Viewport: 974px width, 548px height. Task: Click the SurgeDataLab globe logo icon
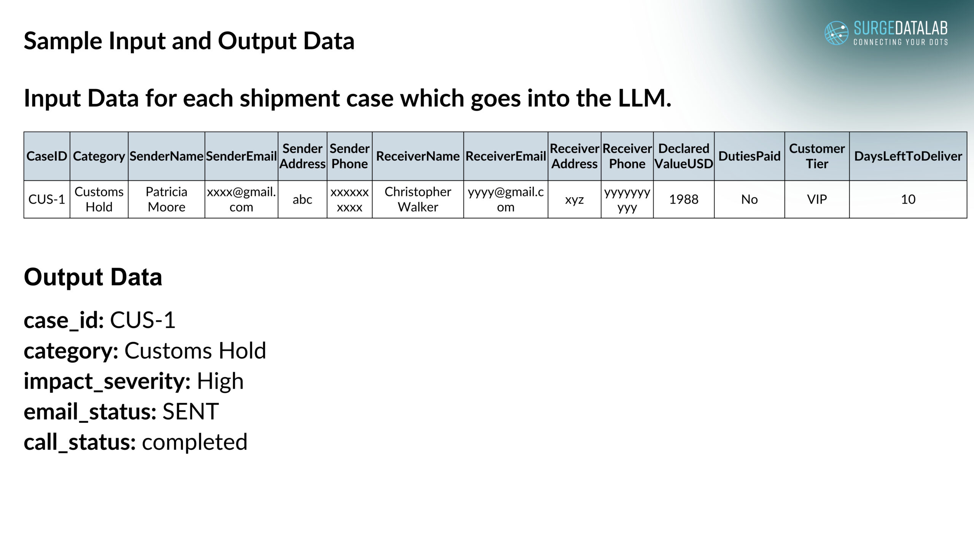pyautogui.click(x=836, y=33)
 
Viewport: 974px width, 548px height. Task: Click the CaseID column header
pyautogui.click(x=47, y=156)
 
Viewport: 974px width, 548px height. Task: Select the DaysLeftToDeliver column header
pyautogui.click(x=908, y=156)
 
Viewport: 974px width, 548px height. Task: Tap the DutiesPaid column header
pyautogui.click(x=749, y=156)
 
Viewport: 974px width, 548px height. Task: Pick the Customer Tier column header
pyautogui.click(x=817, y=156)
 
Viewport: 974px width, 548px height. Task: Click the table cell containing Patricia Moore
pyautogui.click(x=166, y=199)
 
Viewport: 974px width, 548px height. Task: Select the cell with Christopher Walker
pyautogui.click(x=418, y=199)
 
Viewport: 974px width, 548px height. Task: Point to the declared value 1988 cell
pyautogui.click(x=684, y=199)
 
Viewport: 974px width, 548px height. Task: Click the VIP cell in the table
pyautogui.click(x=817, y=199)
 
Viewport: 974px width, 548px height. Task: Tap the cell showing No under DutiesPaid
pyautogui.click(x=749, y=199)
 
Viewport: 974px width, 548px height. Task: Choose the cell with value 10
pyautogui.click(x=908, y=199)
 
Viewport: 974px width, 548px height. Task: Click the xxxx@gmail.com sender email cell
pyautogui.click(x=241, y=199)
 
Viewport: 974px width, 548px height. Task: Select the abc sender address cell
pyautogui.click(x=302, y=199)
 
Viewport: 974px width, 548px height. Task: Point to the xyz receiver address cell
pyautogui.click(x=574, y=199)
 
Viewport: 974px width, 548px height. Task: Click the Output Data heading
pyautogui.click(x=93, y=277)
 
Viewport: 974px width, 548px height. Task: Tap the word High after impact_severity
pyautogui.click(x=220, y=381)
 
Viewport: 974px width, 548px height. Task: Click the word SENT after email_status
pyautogui.click(x=191, y=412)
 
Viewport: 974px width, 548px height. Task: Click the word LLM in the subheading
pyautogui.click(x=645, y=98)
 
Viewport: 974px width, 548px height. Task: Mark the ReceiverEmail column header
pyautogui.click(x=506, y=156)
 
